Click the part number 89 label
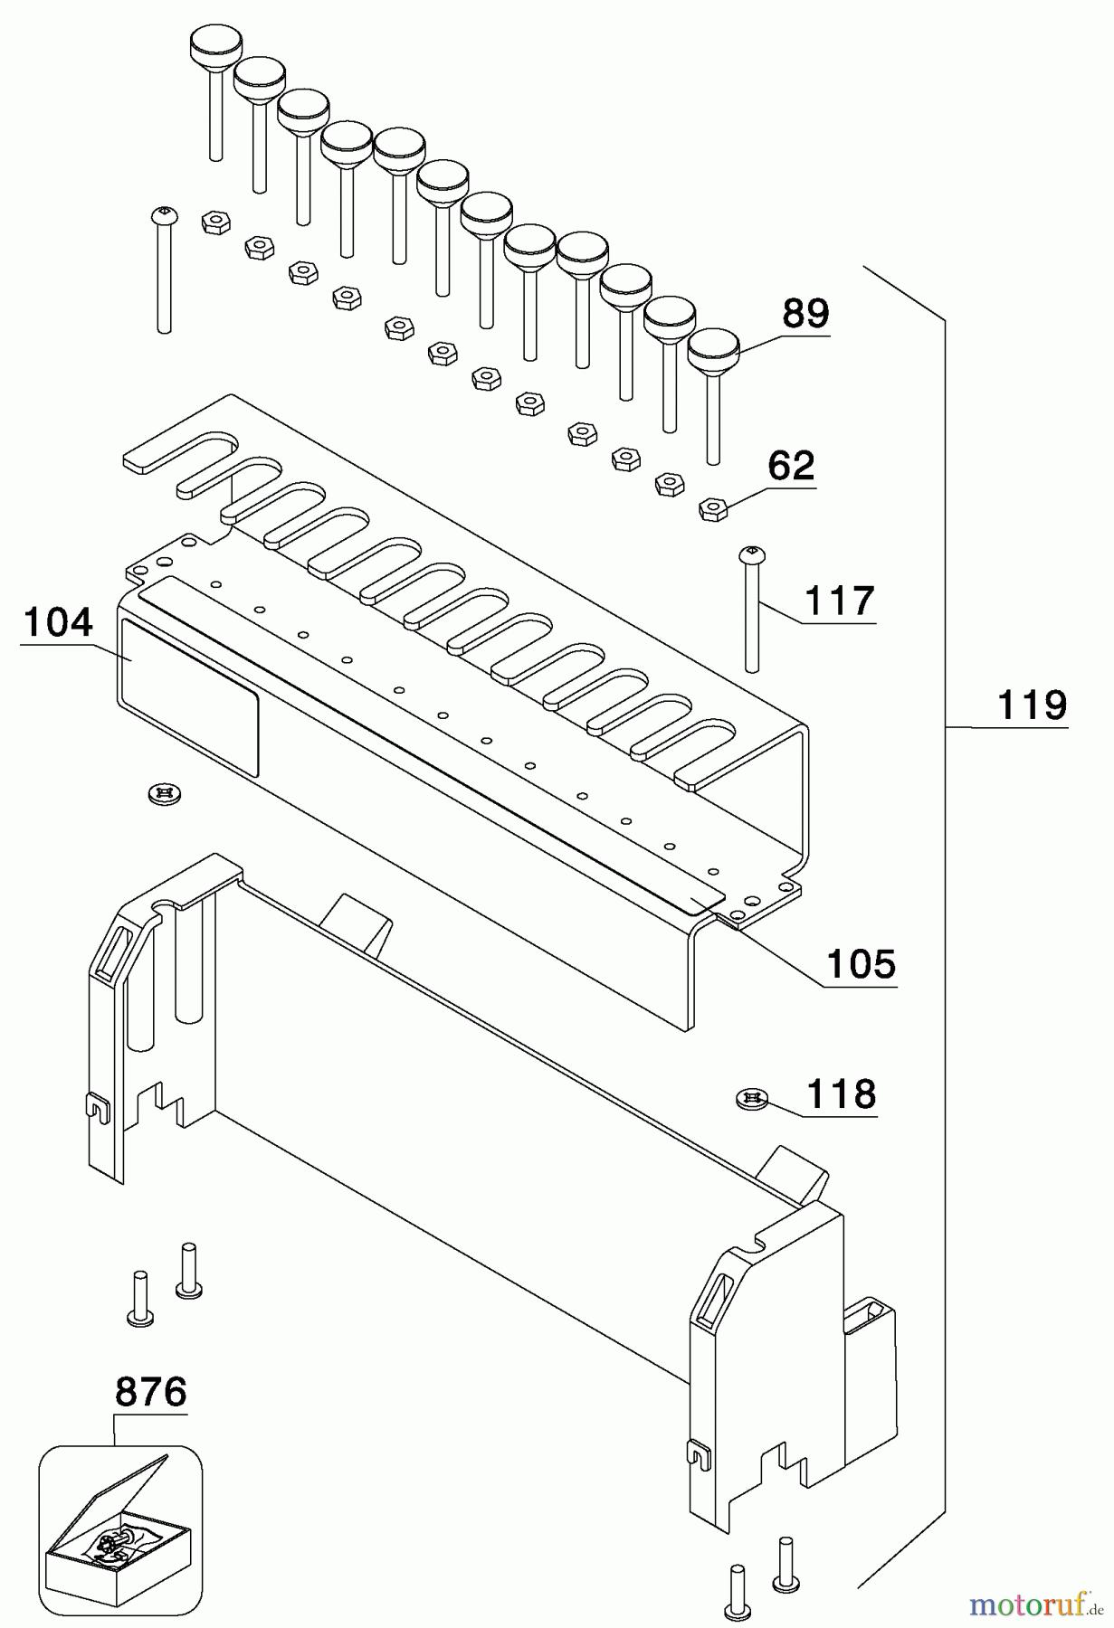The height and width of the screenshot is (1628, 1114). coord(805,314)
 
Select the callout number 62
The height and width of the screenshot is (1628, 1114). coord(790,466)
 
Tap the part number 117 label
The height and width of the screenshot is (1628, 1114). coord(839,601)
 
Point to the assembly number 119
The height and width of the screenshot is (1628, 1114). coord(1032,705)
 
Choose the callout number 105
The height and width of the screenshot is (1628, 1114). coord(861,964)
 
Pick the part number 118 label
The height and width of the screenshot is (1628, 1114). coord(841,1094)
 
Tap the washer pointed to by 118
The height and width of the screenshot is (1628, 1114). coord(751,1099)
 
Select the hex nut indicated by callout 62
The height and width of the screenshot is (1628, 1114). coord(714,509)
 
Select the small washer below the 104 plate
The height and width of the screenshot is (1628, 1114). coord(164,793)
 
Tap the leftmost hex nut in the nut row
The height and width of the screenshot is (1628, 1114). coord(215,222)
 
